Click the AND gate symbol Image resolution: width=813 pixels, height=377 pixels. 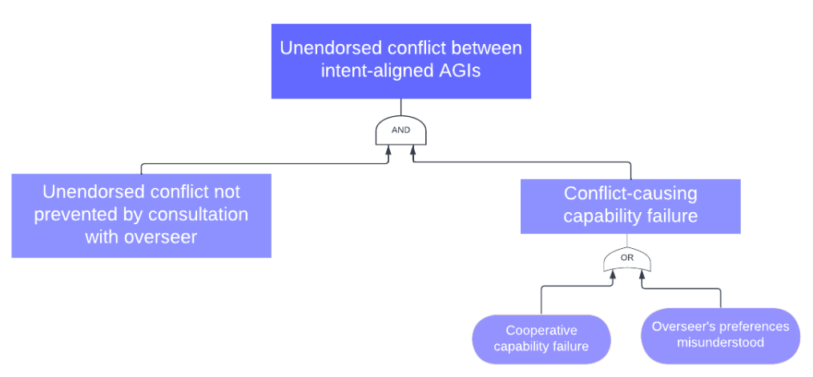point(400,130)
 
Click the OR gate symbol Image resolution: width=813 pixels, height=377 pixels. point(626,259)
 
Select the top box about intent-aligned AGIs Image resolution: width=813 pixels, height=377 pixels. point(400,61)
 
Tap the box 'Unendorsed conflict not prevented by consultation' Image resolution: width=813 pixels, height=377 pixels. point(141,215)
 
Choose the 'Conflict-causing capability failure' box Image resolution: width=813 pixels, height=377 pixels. point(630,206)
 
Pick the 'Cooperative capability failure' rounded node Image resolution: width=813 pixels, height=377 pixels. point(541,339)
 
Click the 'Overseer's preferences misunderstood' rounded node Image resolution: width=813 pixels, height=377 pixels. point(720,335)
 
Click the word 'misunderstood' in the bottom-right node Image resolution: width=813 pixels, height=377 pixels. point(720,343)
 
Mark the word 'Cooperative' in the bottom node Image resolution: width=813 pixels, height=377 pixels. point(541,330)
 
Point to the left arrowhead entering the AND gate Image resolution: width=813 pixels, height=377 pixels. point(389,150)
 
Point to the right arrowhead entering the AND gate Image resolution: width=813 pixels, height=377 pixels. point(412,150)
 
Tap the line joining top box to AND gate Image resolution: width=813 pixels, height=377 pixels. point(400,107)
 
